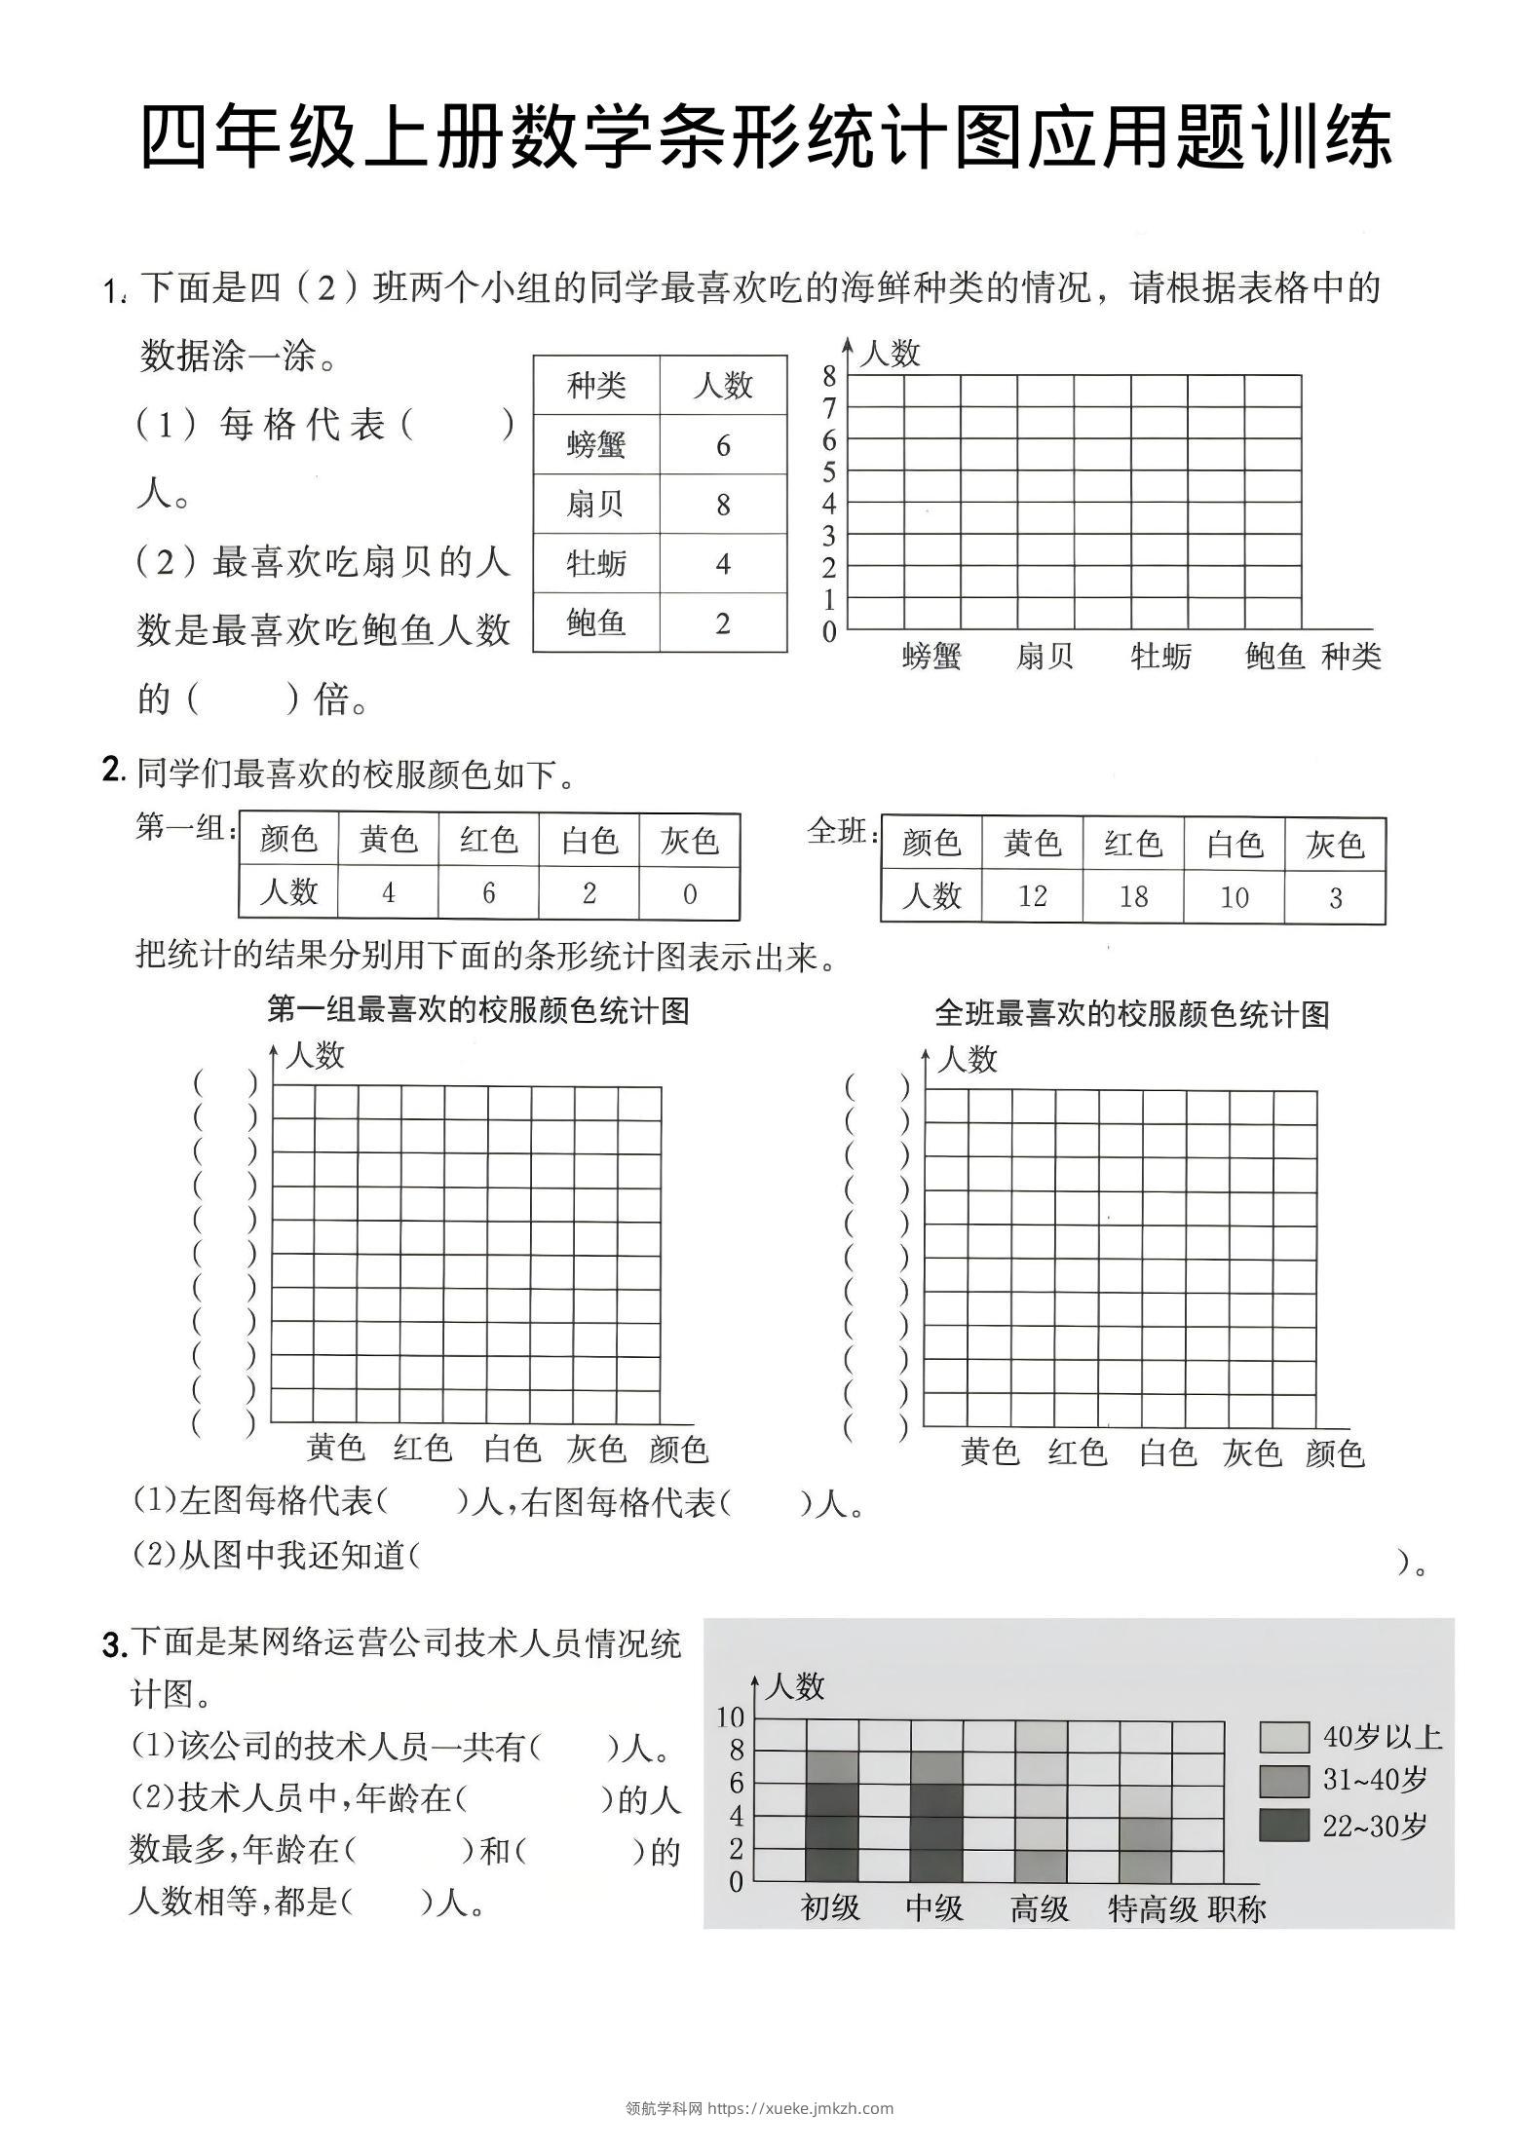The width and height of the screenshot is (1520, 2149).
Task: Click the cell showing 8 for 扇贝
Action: pyautogui.click(x=722, y=505)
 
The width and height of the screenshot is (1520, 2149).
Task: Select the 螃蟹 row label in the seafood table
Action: pyautogui.click(x=596, y=445)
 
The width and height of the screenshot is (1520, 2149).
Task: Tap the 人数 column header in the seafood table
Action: pyautogui.click(x=722, y=386)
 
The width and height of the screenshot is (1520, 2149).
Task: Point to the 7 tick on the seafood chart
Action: pyautogui.click(x=829, y=408)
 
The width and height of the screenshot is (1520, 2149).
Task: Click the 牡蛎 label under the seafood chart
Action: pyautogui.click(x=1160, y=657)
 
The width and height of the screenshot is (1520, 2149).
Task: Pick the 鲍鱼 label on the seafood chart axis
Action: pyautogui.click(x=1274, y=657)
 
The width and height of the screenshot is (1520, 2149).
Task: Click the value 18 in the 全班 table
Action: pyautogui.click(x=1133, y=896)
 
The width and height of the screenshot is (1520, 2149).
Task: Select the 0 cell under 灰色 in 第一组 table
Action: pyautogui.click(x=689, y=893)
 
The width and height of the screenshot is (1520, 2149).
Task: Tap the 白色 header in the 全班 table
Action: pyautogui.click(x=1234, y=844)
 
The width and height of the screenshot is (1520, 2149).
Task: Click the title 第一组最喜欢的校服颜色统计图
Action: pyautogui.click(x=478, y=1010)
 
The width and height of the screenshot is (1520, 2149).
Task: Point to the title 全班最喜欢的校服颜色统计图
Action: pyautogui.click(x=1132, y=1014)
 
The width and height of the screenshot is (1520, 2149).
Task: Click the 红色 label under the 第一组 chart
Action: pyautogui.click(x=423, y=1449)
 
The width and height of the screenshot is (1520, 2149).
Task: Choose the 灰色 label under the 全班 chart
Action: pyautogui.click(x=1252, y=1453)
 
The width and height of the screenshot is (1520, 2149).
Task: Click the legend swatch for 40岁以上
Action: pyautogui.click(x=1283, y=1737)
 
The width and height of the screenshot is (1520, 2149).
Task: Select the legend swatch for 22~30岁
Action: pyautogui.click(x=1283, y=1825)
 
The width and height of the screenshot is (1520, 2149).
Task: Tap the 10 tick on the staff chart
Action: pyautogui.click(x=730, y=1717)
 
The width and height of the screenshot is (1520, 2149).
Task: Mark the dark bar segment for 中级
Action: pyautogui.click(x=935, y=1831)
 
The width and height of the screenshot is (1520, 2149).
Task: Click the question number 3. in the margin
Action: pyautogui.click(x=114, y=1645)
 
